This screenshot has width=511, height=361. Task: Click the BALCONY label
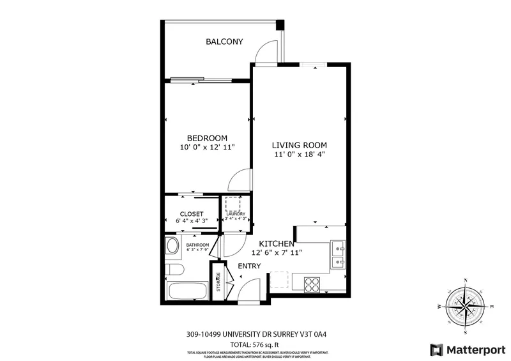point(224,42)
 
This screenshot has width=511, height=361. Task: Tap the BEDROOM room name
point(208,138)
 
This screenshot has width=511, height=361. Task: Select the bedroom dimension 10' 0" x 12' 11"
point(208,148)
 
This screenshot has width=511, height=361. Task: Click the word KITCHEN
point(277,243)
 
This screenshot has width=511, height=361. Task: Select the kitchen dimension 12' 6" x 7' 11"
point(277,253)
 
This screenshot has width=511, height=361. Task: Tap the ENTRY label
point(250,266)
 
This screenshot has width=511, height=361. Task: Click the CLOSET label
point(191,213)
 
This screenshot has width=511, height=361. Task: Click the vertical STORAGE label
point(218,280)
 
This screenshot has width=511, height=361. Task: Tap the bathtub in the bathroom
point(187,291)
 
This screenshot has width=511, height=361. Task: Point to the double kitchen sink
point(338,253)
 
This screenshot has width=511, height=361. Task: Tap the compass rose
point(466,306)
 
